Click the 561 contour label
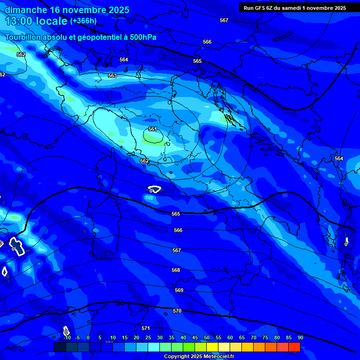(152, 129)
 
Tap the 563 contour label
(112, 75)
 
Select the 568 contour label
(176, 270)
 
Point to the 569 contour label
(179, 290)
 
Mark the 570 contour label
(177, 311)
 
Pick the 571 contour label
(145, 328)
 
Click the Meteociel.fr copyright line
(202, 356)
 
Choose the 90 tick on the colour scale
(300, 337)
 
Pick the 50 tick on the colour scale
(207, 337)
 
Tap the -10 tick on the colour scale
(67, 337)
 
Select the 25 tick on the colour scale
(148, 337)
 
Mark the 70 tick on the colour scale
(254, 337)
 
